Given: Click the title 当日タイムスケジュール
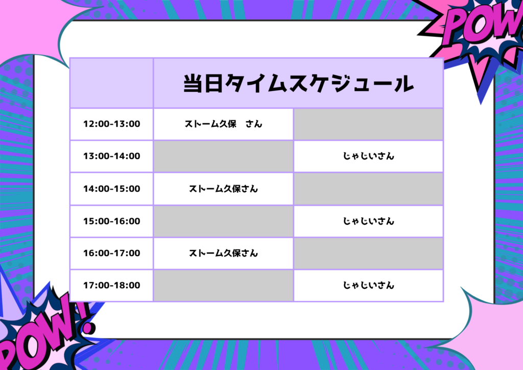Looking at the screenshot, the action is pos(298,83).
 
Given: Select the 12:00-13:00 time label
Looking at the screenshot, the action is pos(112,124).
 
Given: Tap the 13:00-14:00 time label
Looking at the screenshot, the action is pos(112,156).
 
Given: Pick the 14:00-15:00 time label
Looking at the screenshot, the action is pos(112,189).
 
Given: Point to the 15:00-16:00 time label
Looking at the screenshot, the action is pos(112,221).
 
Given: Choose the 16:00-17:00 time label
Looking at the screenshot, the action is pos(112,253).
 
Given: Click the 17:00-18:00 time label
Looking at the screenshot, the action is pos(112,285).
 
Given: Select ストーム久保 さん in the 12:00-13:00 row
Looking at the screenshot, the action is pos(224,124).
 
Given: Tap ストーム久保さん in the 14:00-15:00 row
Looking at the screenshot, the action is pos(224,189).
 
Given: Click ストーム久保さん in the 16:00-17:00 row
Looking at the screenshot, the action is pos(224,253).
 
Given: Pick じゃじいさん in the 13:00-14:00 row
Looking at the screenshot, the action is pos(369,156).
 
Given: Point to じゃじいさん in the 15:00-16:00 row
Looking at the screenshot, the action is pos(369,221).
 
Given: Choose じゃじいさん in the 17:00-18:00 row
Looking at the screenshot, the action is pos(369,285).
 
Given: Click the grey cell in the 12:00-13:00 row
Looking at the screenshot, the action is pos(368,124).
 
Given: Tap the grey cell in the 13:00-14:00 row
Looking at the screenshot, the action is pos(224,156).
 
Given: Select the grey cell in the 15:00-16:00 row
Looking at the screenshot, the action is pos(224,221).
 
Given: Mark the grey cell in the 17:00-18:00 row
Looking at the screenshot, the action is pos(224,286).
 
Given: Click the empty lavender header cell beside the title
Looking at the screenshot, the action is pos(112,83).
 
